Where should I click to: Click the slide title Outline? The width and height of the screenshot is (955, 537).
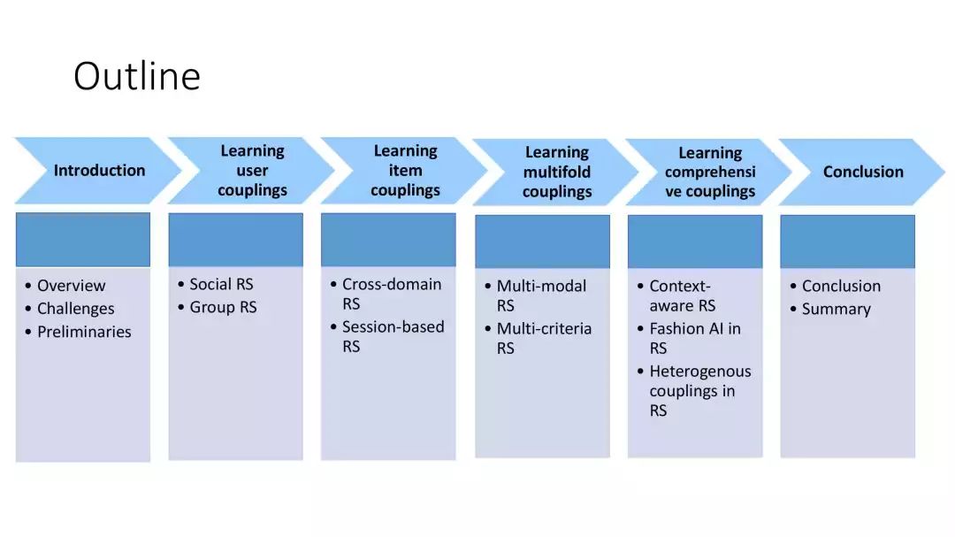click(x=136, y=76)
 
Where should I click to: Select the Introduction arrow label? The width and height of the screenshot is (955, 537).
click(x=99, y=171)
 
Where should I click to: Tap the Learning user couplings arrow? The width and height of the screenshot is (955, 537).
click(x=252, y=171)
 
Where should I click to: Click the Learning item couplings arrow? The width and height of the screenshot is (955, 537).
click(x=405, y=171)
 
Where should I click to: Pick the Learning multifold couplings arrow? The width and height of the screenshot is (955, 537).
click(x=556, y=172)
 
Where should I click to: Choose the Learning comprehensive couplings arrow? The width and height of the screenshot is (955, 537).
click(x=710, y=173)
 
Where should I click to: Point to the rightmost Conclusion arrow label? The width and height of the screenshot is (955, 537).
click(x=863, y=173)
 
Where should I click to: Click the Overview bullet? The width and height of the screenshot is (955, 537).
click(x=71, y=286)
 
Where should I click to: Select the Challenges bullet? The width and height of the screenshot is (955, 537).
click(x=75, y=309)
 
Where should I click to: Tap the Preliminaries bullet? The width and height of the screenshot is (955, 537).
click(x=84, y=332)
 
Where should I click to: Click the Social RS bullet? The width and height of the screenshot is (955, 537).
click(x=221, y=284)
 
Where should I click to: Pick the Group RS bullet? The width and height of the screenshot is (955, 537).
click(x=223, y=307)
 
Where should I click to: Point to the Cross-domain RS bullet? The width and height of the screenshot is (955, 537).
click(x=392, y=294)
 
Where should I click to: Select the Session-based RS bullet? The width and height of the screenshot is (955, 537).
click(x=393, y=336)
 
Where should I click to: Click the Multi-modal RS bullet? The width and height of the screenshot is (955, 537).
click(x=541, y=295)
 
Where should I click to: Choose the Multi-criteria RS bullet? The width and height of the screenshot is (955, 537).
click(x=544, y=338)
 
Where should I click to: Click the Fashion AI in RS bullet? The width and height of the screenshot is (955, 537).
click(x=695, y=338)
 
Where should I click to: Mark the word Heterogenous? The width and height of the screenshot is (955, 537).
click(x=699, y=372)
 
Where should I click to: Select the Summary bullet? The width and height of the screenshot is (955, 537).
click(x=836, y=309)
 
